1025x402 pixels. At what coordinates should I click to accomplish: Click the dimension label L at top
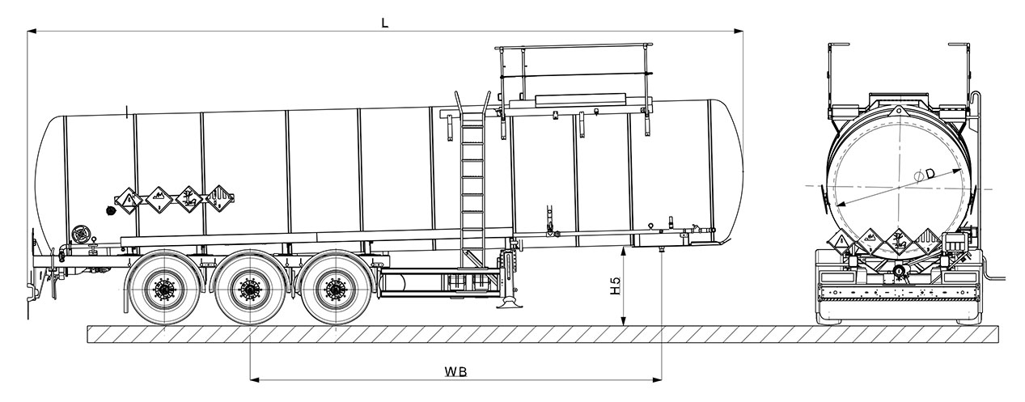pyautogui.click(x=385, y=23)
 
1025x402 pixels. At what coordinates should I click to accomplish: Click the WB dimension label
pyautogui.click(x=456, y=371)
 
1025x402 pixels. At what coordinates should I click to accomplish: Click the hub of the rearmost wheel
pyautogui.click(x=165, y=289)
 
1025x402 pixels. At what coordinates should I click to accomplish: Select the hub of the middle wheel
pyautogui.click(x=249, y=289)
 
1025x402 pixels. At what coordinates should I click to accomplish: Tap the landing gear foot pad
pyautogui.click(x=510, y=305)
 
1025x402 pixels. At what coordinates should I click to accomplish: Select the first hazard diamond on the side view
pyautogui.click(x=128, y=200)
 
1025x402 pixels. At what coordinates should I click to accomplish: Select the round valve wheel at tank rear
pyautogui.click(x=79, y=235)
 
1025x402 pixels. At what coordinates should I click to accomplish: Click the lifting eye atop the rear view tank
pyautogui.click(x=898, y=109)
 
